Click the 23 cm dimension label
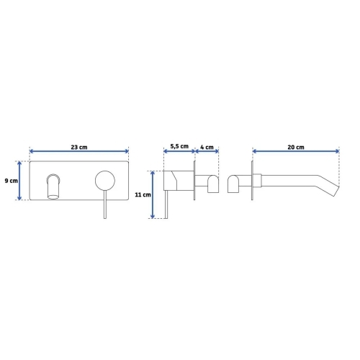pos(79,147)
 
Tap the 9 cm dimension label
pos(12,181)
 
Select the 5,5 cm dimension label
pos(179,146)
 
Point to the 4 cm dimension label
pos(207,147)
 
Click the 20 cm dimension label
pos(296,147)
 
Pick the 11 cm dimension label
pos(143,194)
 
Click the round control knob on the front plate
pos(105,181)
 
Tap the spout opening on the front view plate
pos(53,197)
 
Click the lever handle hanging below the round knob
pos(105,204)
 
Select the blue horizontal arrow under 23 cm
pos(79,151)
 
